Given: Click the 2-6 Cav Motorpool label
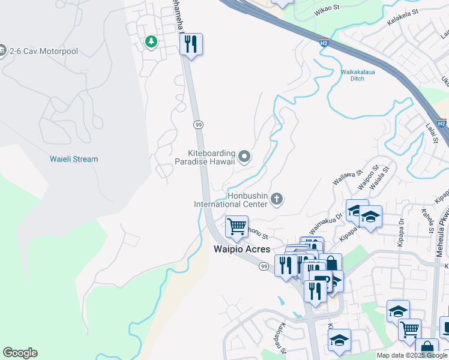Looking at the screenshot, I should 43,51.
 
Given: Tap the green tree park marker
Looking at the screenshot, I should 151,42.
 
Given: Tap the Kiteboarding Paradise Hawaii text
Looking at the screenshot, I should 204,157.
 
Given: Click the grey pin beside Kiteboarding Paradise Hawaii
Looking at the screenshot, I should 244,157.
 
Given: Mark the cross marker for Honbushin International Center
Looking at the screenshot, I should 277,198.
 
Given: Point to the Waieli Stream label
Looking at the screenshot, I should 73,159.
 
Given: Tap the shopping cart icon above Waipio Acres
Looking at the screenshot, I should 237,227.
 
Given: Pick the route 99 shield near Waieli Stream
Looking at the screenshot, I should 197,124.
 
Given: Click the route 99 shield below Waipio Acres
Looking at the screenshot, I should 264,266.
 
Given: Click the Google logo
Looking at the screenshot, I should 20,353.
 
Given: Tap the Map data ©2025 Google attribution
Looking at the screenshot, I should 412,355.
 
